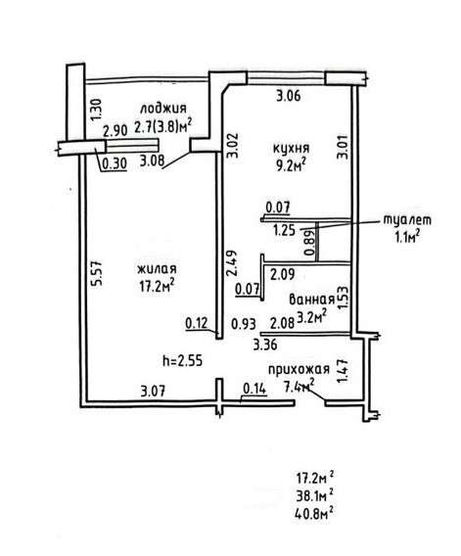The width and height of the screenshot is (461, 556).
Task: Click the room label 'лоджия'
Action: pyautogui.click(x=163, y=108)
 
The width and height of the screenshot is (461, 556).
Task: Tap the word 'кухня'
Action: pyautogui.click(x=291, y=148)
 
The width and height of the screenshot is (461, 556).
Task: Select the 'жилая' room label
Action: pyautogui.click(x=157, y=269)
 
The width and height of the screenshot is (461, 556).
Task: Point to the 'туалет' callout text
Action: pyautogui.click(x=407, y=220)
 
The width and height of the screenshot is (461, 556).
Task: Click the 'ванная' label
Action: pyautogui.click(x=312, y=300)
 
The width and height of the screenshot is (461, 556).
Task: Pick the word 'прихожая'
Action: pyautogui.click(x=299, y=369)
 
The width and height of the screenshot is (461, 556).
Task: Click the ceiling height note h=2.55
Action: pyautogui.click(x=183, y=360)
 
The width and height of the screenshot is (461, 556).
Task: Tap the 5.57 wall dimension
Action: pyautogui.click(x=97, y=273)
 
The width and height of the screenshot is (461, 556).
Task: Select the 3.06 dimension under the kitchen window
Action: pyautogui.click(x=289, y=96)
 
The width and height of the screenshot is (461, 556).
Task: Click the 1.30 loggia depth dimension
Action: pyautogui.click(x=96, y=110)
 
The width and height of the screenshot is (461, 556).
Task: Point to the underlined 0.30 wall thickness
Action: pyautogui.click(x=115, y=163)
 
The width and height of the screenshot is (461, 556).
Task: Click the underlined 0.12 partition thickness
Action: pyautogui.click(x=198, y=323)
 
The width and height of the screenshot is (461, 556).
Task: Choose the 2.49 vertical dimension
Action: pyautogui.click(x=232, y=263)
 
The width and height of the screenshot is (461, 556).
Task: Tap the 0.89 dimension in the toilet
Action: pyautogui.click(x=309, y=243)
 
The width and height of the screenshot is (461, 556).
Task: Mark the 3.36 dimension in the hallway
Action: pyautogui.click(x=265, y=345)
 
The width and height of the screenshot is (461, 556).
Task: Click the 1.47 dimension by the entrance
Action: pyautogui.click(x=343, y=371)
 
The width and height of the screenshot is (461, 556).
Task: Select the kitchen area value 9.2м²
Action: pyautogui.click(x=291, y=164)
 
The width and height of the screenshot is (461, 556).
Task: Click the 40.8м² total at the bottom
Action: pyautogui.click(x=314, y=513)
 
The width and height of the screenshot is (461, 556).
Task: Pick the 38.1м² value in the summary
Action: pyautogui.click(x=314, y=494)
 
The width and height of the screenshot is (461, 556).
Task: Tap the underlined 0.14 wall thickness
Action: pyautogui.click(x=254, y=389)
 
